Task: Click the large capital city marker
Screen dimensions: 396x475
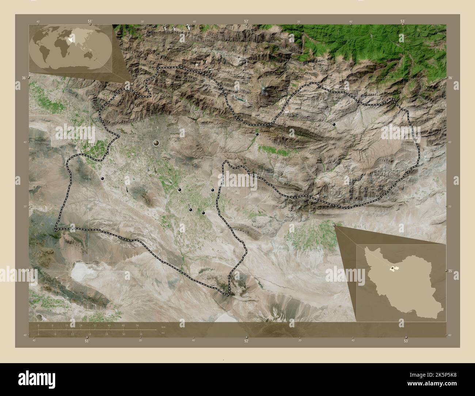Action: [x=156, y=143]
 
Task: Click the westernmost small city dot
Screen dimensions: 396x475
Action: [x=102, y=179]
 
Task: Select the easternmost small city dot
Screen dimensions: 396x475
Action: [x=334, y=125]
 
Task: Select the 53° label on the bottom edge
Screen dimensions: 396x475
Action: [x=406, y=341]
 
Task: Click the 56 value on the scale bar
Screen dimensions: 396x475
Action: [x=137, y=325]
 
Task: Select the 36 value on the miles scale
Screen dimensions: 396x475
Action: [x=141, y=334]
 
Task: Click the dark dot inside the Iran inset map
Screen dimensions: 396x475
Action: [x=392, y=269]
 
